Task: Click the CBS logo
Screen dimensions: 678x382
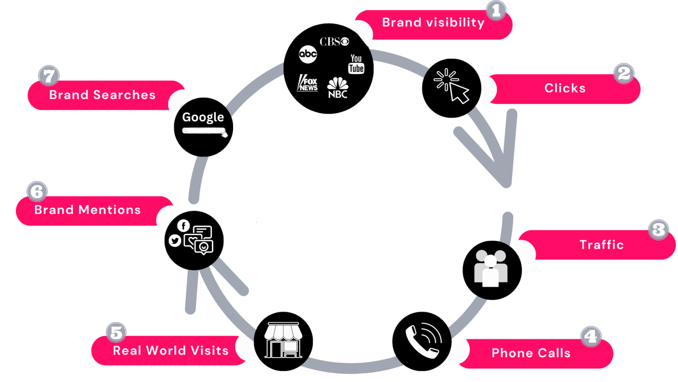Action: tap(334, 42)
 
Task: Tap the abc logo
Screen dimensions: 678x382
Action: tap(308, 54)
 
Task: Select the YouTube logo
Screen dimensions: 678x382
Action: tap(356, 64)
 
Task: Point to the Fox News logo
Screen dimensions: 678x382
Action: tap(308, 83)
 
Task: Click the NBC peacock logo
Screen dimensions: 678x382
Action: tap(338, 88)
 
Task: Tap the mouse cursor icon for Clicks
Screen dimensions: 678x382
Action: tap(451, 86)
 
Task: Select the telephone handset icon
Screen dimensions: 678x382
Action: tap(423, 341)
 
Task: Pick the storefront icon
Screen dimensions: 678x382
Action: tap(283, 340)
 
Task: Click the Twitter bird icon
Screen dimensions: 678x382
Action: tap(175, 241)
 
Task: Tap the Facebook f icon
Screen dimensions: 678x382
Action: tap(184, 226)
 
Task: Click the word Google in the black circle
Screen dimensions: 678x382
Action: tap(203, 118)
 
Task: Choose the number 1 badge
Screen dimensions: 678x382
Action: tap(496, 11)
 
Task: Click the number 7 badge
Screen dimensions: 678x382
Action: tap(49, 76)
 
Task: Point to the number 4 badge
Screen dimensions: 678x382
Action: tap(591, 336)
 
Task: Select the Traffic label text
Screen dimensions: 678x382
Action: tap(602, 244)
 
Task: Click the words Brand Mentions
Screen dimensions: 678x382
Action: tap(87, 210)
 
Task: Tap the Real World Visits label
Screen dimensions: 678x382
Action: tap(171, 351)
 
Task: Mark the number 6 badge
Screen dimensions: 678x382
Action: tap(37, 191)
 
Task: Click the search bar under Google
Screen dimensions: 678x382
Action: tap(203, 131)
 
